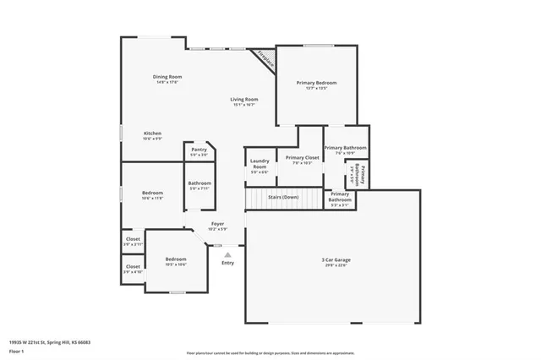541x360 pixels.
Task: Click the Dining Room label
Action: pyautogui.click(x=167, y=77)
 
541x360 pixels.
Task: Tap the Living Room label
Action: pyautogui.click(x=244, y=100)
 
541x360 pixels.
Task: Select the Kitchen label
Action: pyautogui.click(x=152, y=133)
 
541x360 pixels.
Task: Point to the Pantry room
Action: pyautogui.click(x=199, y=151)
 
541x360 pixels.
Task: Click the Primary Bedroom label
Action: pyautogui.click(x=316, y=83)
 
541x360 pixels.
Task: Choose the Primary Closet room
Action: pyautogui.click(x=302, y=158)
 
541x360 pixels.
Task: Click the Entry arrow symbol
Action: pyautogui.click(x=227, y=252)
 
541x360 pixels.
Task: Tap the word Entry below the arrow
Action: pyautogui.click(x=227, y=262)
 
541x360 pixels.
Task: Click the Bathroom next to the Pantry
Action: pyautogui.click(x=199, y=183)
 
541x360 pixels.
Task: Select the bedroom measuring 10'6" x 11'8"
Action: pyautogui.click(x=152, y=194)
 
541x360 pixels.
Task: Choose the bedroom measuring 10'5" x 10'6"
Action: pyautogui.click(x=176, y=259)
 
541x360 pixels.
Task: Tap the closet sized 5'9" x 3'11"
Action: pyautogui.click(x=133, y=240)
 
